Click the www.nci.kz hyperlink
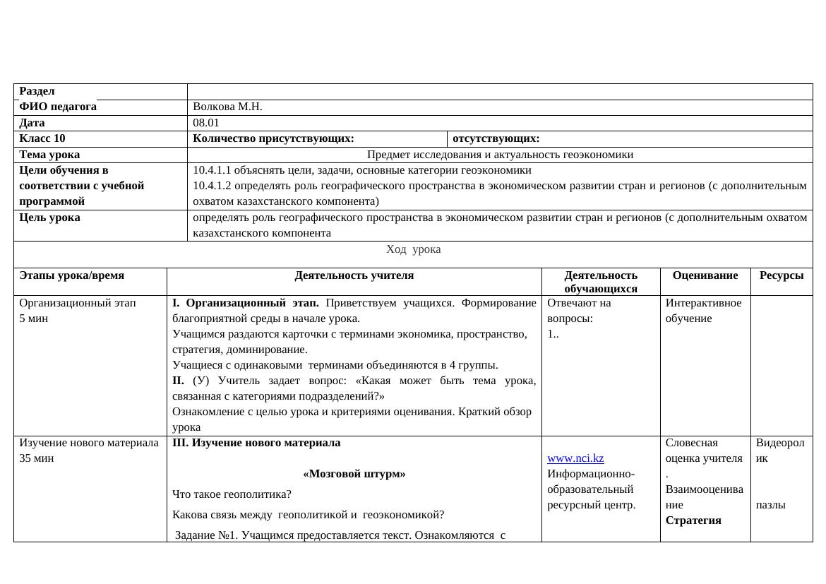pyautogui.click(x=575, y=458)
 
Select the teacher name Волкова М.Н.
pyautogui.click(x=227, y=107)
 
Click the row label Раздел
pyautogui.click(x=37, y=91)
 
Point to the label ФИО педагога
pyautogui.click(x=58, y=107)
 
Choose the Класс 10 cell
pyautogui.click(x=42, y=138)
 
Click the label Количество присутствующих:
pyautogui.click(x=273, y=138)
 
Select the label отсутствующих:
pyautogui.click(x=496, y=138)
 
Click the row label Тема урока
pyautogui.click(x=49, y=154)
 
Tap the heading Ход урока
pyautogui.click(x=413, y=249)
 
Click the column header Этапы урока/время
pyautogui.click(x=71, y=275)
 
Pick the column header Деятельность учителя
pyautogui.click(x=354, y=275)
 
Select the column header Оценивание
pyautogui.click(x=705, y=275)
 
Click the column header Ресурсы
pyautogui.click(x=781, y=275)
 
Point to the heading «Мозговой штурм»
pyautogui.click(x=354, y=474)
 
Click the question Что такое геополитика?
pyautogui.click(x=232, y=494)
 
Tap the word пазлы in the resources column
pyautogui.click(x=770, y=505)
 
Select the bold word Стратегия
pyautogui.click(x=693, y=520)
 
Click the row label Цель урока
pyautogui.click(x=49, y=217)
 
